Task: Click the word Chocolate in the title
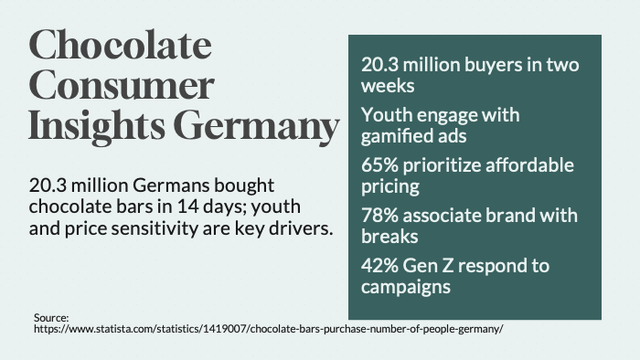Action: (x=119, y=46)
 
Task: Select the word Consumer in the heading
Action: (x=121, y=86)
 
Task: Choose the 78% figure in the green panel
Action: (x=381, y=216)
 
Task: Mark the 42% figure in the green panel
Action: (x=381, y=265)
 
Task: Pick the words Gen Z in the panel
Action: (x=433, y=265)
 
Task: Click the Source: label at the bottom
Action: (x=51, y=318)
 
